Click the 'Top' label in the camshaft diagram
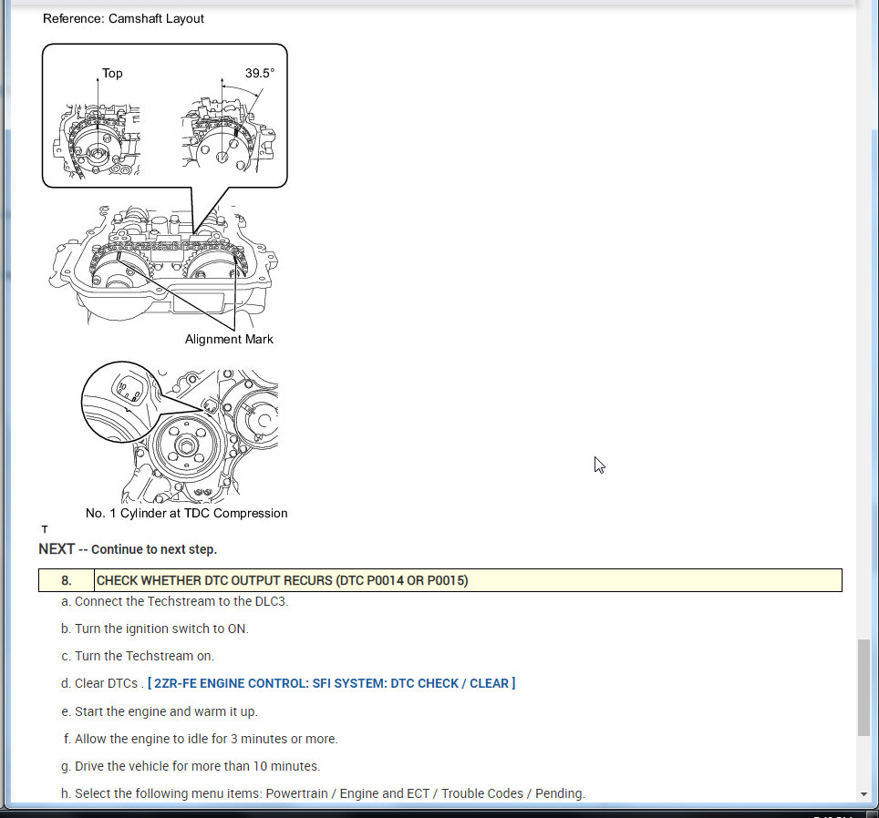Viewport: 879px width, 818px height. (112, 74)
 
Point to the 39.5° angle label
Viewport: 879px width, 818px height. (260, 74)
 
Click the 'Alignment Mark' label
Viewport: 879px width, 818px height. (229, 339)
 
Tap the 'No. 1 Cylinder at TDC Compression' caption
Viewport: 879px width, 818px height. (186, 514)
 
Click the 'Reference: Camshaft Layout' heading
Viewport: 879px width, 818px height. (123, 18)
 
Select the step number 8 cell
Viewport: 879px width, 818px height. (67, 580)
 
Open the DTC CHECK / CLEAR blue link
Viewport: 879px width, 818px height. (331, 683)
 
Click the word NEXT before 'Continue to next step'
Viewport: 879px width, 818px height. (57, 549)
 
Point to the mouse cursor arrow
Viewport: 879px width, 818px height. (599, 465)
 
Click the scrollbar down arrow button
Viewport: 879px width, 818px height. (863, 794)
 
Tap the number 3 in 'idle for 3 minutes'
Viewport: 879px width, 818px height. (234, 739)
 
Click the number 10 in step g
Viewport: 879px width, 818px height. (260, 766)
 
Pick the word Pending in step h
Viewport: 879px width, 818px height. (559, 794)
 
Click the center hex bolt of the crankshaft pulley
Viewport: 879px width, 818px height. (186, 446)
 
